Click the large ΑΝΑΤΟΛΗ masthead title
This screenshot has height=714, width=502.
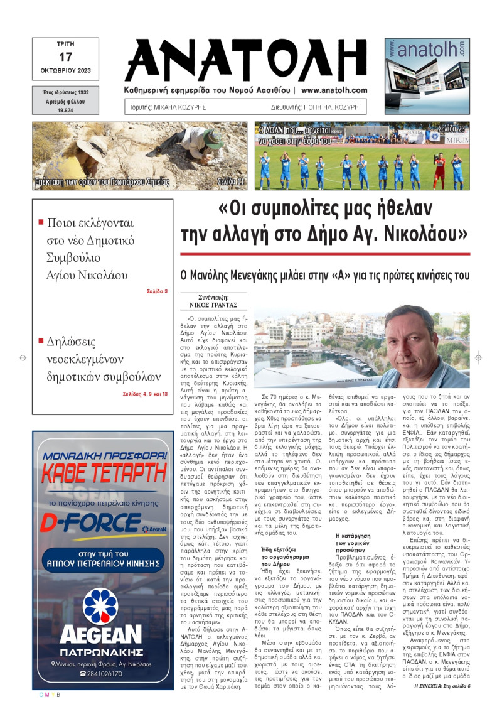[250, 60]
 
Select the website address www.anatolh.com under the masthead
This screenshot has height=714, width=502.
[334, 90]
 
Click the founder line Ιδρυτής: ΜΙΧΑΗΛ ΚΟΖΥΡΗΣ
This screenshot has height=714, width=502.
[168, 107]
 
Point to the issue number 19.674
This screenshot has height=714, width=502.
[65, 110]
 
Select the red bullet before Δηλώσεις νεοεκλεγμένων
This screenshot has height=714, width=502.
[41, 341]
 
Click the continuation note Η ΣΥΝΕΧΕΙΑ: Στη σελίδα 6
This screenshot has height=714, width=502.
[442, 686]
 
